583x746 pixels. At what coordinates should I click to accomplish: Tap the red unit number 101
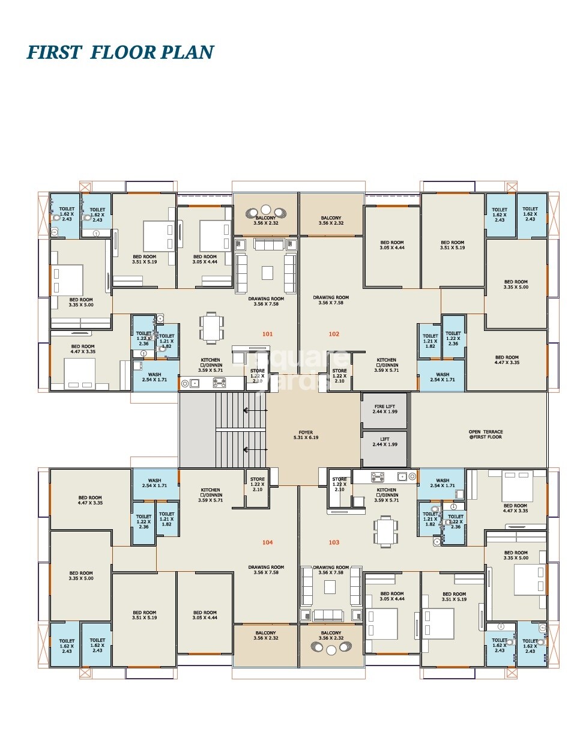coord(267,334)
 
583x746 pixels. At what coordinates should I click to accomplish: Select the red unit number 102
coord(334,334)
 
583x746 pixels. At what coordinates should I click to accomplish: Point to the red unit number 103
coord(334,542)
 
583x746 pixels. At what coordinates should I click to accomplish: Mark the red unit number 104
coord(267,542)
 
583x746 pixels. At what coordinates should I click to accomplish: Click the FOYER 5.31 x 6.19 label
coord(306,435)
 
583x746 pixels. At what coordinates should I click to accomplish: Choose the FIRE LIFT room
coord(384,410)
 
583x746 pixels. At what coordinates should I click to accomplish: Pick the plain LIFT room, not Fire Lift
coord(384,442)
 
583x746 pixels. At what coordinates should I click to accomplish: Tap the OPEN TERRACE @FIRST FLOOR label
coord(486,434)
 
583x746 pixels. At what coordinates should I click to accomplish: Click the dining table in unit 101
coord(211,328)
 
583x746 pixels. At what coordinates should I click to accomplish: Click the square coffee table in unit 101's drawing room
coord(267,273)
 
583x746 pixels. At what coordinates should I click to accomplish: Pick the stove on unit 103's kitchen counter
coord(378,478)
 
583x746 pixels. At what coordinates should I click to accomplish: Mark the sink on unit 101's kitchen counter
coord(194,383)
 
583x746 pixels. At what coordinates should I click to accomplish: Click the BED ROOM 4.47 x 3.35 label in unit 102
coord(507,360)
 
